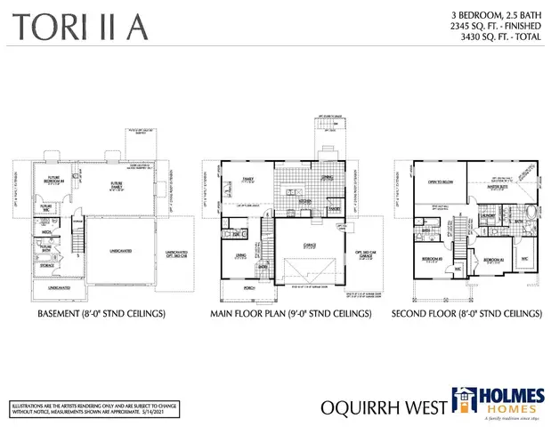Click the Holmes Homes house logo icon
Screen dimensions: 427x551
click(x=466, y=403)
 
